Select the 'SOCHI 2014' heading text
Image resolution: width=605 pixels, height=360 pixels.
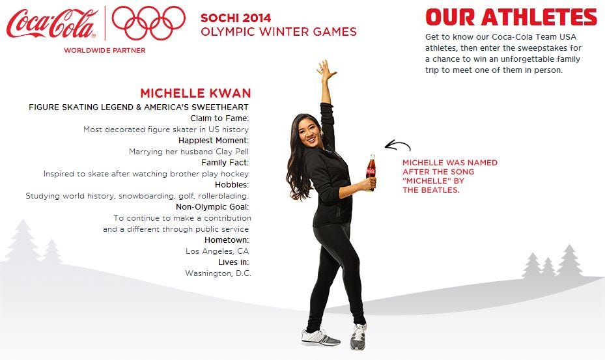(236, 18)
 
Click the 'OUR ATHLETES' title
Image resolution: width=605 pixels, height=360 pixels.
(511, 17)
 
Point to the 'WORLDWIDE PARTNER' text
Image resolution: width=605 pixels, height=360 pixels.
(105, 50)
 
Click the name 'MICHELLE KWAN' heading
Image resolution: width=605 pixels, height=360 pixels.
(195, 93)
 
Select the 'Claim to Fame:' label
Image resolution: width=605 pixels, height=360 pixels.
(219, 118)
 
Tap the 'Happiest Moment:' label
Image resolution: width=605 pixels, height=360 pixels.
(214, 140)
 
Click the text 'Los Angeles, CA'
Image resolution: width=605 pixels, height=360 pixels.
(218, 251)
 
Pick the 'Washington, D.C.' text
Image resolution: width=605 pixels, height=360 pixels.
(218, 273)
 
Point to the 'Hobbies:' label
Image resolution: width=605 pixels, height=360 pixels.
(232, 184)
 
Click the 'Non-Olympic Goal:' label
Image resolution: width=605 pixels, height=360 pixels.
(212, 207)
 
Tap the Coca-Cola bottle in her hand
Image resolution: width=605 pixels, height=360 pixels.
(371, 172)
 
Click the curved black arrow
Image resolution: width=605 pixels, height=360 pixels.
(397, 143)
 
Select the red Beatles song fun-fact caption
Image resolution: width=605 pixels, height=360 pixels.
(450, 176)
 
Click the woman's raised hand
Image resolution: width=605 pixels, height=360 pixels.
(326, 70)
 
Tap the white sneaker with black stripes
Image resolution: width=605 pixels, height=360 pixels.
(320, 337)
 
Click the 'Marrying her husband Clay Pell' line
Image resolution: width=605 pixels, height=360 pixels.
(189, 152)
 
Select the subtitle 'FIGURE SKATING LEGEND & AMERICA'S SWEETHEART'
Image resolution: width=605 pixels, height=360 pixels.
(139, 107)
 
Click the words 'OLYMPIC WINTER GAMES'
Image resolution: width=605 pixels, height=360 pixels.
(279, 32)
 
